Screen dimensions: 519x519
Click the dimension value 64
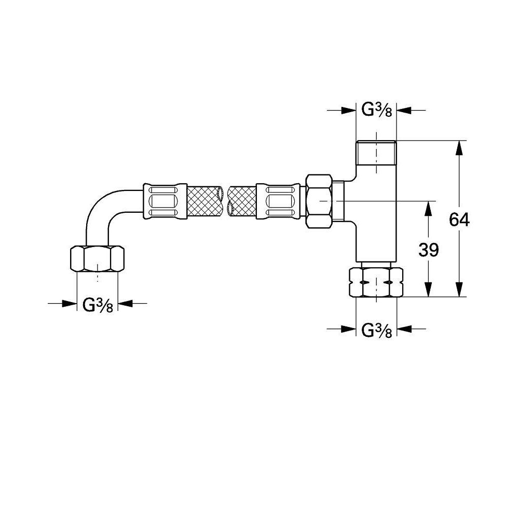(x=459, y=220)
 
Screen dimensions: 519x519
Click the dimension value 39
(x=428, y=250)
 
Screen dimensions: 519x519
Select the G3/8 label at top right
(x=376, y=111)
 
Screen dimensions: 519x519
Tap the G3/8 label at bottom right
(x=376, y=329)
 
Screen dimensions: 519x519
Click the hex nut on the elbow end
(x=97, y=258)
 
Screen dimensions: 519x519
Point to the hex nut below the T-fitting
(x=376, y=282)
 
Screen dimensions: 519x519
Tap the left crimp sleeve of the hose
(x=165, y=200)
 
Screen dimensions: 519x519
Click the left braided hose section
(x=205, y=200)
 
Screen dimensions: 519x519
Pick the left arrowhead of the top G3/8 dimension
(x=348, y=111)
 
